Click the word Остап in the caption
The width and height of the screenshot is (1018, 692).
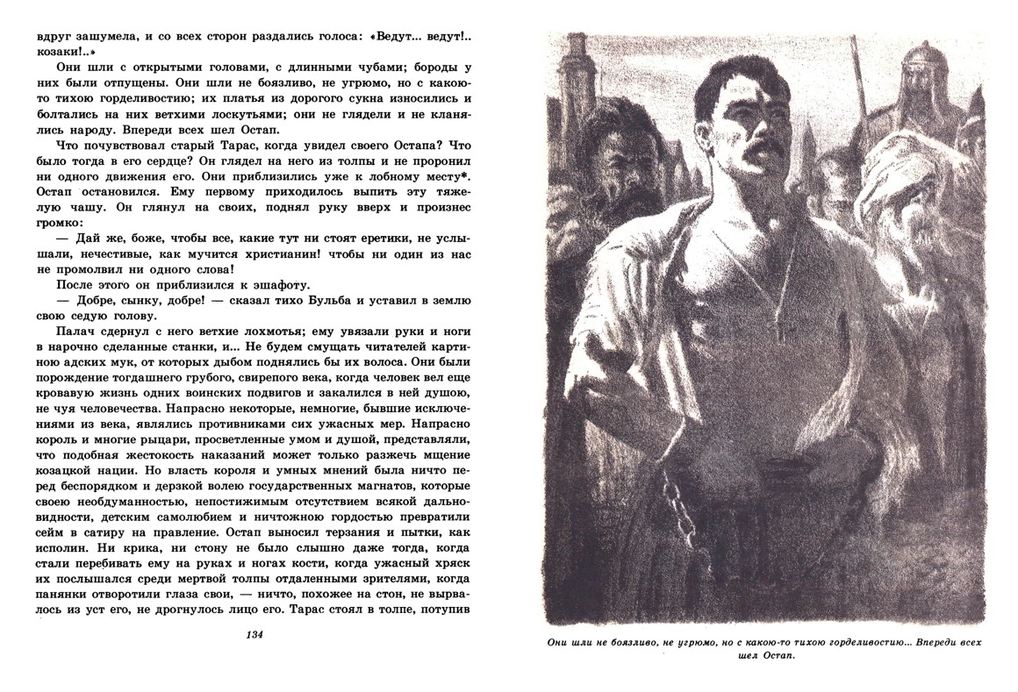tap(771, 661)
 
